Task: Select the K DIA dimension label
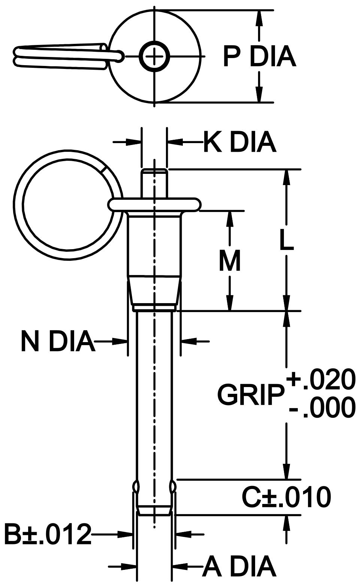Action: click(x=240, y=142)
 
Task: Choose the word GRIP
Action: click(x=249, y=395)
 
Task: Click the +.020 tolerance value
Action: click(x=321, y=379)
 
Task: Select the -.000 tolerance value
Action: click(x=321, y=407)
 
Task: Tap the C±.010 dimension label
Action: click(x=286, y=497)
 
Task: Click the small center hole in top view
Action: click(x=154, y=57)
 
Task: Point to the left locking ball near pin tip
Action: click(x=136, y=487)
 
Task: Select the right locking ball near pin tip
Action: click(x=172, y=487)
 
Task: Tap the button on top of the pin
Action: click(x=154, y=183)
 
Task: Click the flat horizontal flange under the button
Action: click(x=154, y=205)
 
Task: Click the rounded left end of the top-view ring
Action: click(x=16, y=56)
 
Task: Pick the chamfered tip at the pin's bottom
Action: click(x=154, y=511)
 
